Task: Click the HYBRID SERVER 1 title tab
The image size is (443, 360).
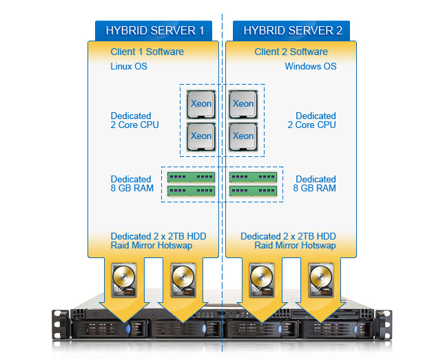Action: tap(154, 30)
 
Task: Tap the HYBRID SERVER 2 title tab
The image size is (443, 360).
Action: tap(291, 30)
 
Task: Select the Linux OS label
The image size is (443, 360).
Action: tap(129, 66)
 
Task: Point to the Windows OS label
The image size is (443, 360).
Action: tap(311, 66)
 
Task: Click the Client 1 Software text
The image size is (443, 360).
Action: tap(147, 52)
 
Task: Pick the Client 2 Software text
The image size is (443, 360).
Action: tap(291, 52)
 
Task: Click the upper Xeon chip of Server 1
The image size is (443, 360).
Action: tap(201, 104)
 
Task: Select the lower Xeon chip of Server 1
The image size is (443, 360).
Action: tap(201, 137)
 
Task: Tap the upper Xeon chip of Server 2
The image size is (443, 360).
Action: tap(243, 104)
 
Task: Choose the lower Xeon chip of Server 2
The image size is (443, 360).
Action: tap(243, 137)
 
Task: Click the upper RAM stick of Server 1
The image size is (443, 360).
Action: tap(191, 178)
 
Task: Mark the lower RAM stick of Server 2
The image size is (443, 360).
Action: tap(253, 191)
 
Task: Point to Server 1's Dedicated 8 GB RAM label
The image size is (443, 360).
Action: tap(132, 184)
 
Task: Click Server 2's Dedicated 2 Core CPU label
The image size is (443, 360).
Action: tap(311, 120)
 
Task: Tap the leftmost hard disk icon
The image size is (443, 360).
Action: tap(124, 280)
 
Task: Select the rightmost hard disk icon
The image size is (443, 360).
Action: tap(321, 280)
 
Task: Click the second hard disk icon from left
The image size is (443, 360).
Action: tap(183, 280)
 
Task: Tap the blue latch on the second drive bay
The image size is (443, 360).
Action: tap(204, 328)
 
